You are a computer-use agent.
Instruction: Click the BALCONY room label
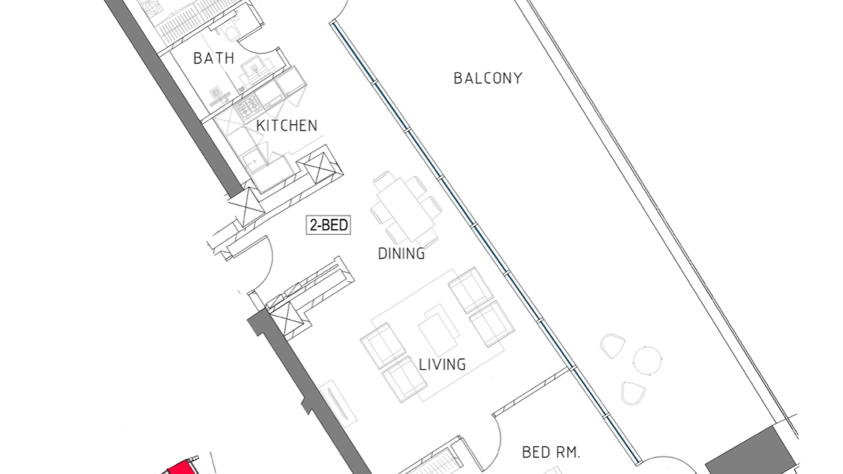click(488, 79)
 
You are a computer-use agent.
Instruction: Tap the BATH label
click(214, 58)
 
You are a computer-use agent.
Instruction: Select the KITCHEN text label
click(287, 126)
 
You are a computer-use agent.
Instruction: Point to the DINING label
click(401, 254)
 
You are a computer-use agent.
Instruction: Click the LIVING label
click(442, 365)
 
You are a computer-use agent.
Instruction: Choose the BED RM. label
click(551, 452)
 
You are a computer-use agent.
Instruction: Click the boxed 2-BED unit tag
click(328, 225)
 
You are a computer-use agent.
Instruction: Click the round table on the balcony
click(648, 360)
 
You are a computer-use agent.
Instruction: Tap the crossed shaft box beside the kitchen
click(320, 167)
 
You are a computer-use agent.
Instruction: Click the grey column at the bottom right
click(751, 452)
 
